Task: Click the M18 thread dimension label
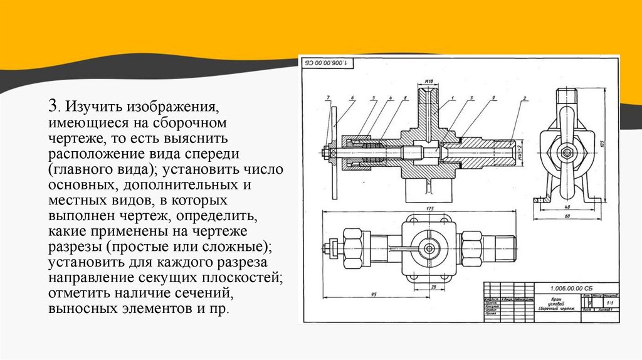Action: pyautogui.click(x=428, y=82)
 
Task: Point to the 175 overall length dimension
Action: pyautogui.click(x=429, y=208)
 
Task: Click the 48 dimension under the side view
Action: pyautogui.click(x=566, y=206)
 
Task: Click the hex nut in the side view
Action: pyautogui.click(x=566, y=152)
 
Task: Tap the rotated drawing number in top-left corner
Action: pyautogui.click(x=328, y=63)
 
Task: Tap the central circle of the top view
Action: pyautogui.click(x=429, y=249)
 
